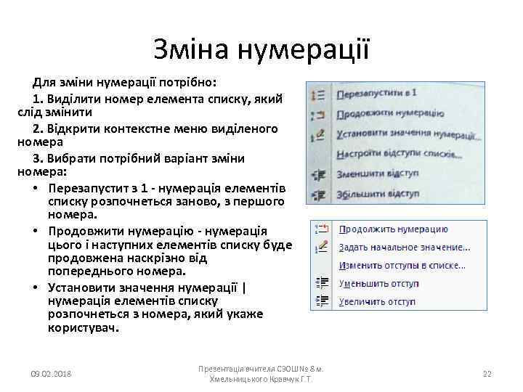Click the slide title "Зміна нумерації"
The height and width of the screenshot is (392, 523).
pyautogui.click(x=261, y=49)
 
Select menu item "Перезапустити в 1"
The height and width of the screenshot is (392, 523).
pyautogui.click(x=376, y=94)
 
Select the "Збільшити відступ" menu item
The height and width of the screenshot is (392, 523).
pyautogui.click(x=378, y=194)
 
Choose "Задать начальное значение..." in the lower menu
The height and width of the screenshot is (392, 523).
pyautogui.click(x=405, y=248)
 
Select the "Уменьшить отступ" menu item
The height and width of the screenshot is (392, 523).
pyautogui.click(x=379, y=284)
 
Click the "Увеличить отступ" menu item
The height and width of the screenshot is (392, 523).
pyautogui.click(x=379, y=301)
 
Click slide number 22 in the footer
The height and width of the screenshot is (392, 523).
pyautogui.click(x=487, y=374)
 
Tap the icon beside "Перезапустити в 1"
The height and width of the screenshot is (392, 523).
pyautogui.click(x=317, y=94)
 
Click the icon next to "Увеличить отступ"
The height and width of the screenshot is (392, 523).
pyautogui.click(x=322, y=301)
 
